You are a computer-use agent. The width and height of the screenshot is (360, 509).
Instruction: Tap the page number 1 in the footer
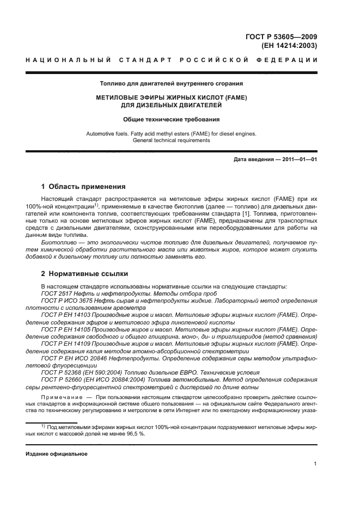316,463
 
